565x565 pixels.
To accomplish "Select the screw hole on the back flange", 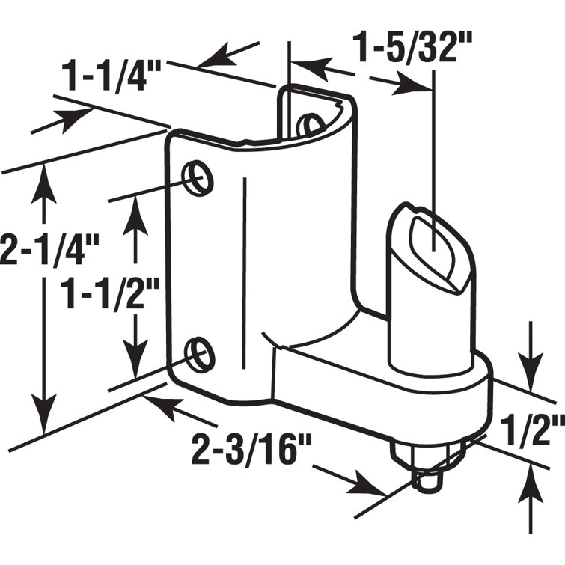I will (x=308, y=125).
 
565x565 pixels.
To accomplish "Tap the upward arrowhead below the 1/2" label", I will (x=532, y=479).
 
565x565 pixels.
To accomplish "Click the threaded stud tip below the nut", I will (x=426, y=485).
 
